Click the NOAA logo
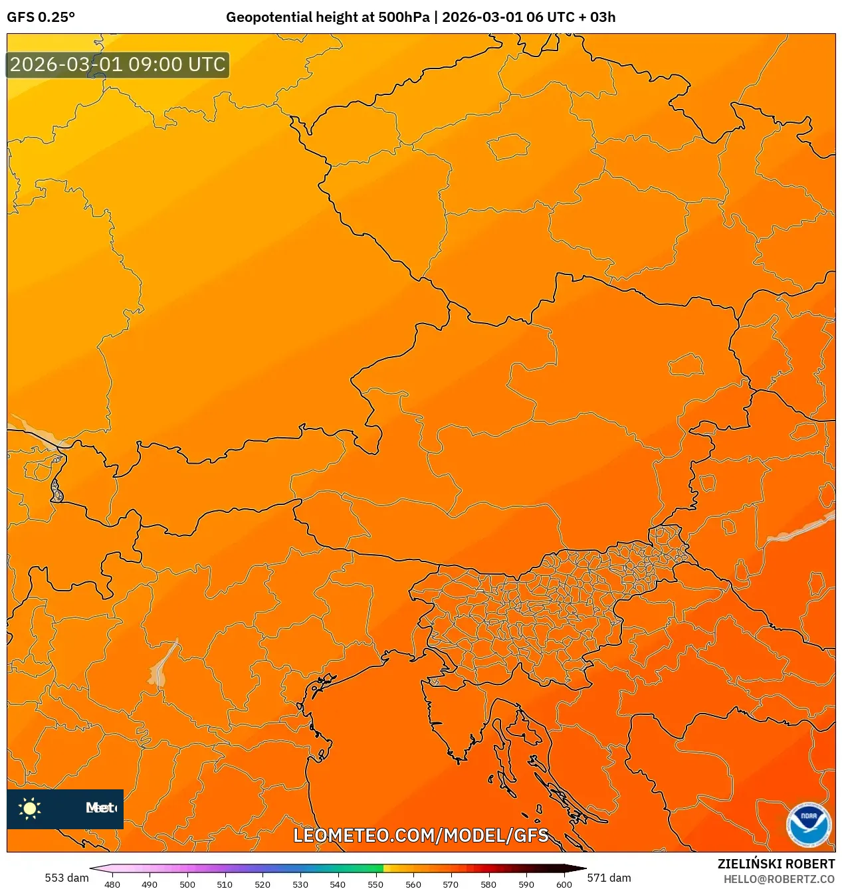(x=808, y=825)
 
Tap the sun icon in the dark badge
(x=30, y=808)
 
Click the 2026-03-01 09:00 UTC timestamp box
(x=118, y=65)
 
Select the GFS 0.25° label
(x=41, y=17)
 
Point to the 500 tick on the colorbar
(x=187, y=884)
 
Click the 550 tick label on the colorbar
(x=375, y=884)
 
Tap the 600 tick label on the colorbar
(x=564, y=884)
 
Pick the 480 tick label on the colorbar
(x=112, y=884)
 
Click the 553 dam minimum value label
(x=66, y=878)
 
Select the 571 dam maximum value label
(x=609, y=878)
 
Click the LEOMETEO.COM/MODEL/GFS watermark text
(x=421, y=835)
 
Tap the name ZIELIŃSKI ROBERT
(x=776, y=864)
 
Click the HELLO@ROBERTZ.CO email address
(x=779, y=879)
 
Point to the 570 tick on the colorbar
(x=451, y=884)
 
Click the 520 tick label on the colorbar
(x=263, y=884)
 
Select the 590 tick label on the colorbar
(x=526, y=884)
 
